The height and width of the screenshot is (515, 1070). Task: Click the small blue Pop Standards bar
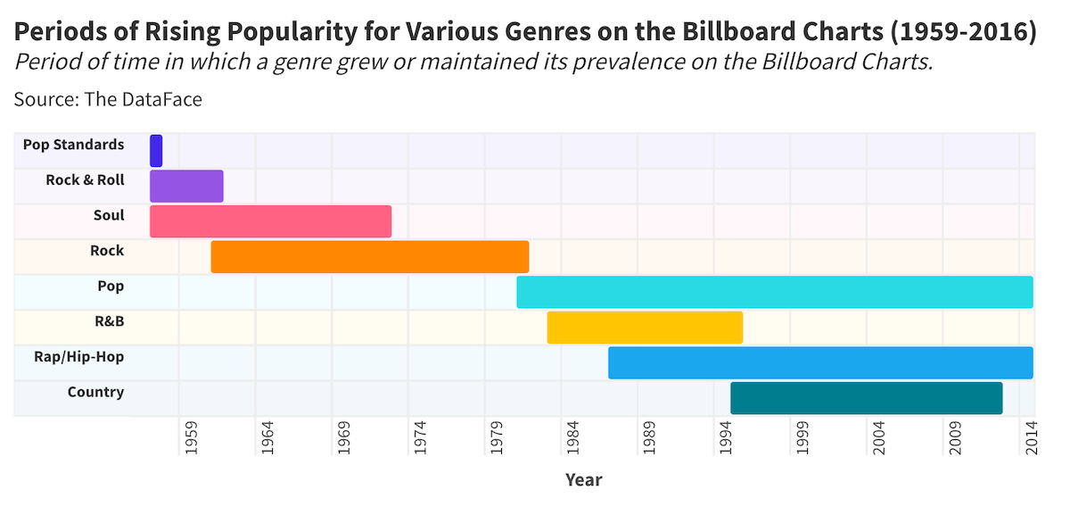coord(156,151)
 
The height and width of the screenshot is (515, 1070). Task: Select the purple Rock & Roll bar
coord(186,186)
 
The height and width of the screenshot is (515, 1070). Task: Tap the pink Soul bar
coord(270,221)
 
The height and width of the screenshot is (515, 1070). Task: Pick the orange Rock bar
coord(370,257)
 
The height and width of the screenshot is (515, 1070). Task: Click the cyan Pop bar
coord(774,292)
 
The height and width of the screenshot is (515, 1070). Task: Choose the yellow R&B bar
coord(645,328)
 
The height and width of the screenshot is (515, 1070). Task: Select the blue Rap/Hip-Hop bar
coord(820,362)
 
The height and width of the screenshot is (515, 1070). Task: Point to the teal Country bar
coord(866,398)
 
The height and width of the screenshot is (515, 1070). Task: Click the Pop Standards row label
coord(73,145)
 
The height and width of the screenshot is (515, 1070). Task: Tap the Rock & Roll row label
coord(85,180)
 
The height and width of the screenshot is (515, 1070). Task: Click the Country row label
coord(95,393)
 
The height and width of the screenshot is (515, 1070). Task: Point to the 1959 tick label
coord(192,438)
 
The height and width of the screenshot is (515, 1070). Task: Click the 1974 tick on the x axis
coord(421,438)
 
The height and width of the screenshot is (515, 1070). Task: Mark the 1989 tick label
coord(650,438)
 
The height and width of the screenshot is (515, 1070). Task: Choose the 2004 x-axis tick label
coord(879,438)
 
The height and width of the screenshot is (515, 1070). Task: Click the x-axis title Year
coord(583,480)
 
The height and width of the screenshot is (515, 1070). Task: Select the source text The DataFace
coord(143,99)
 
